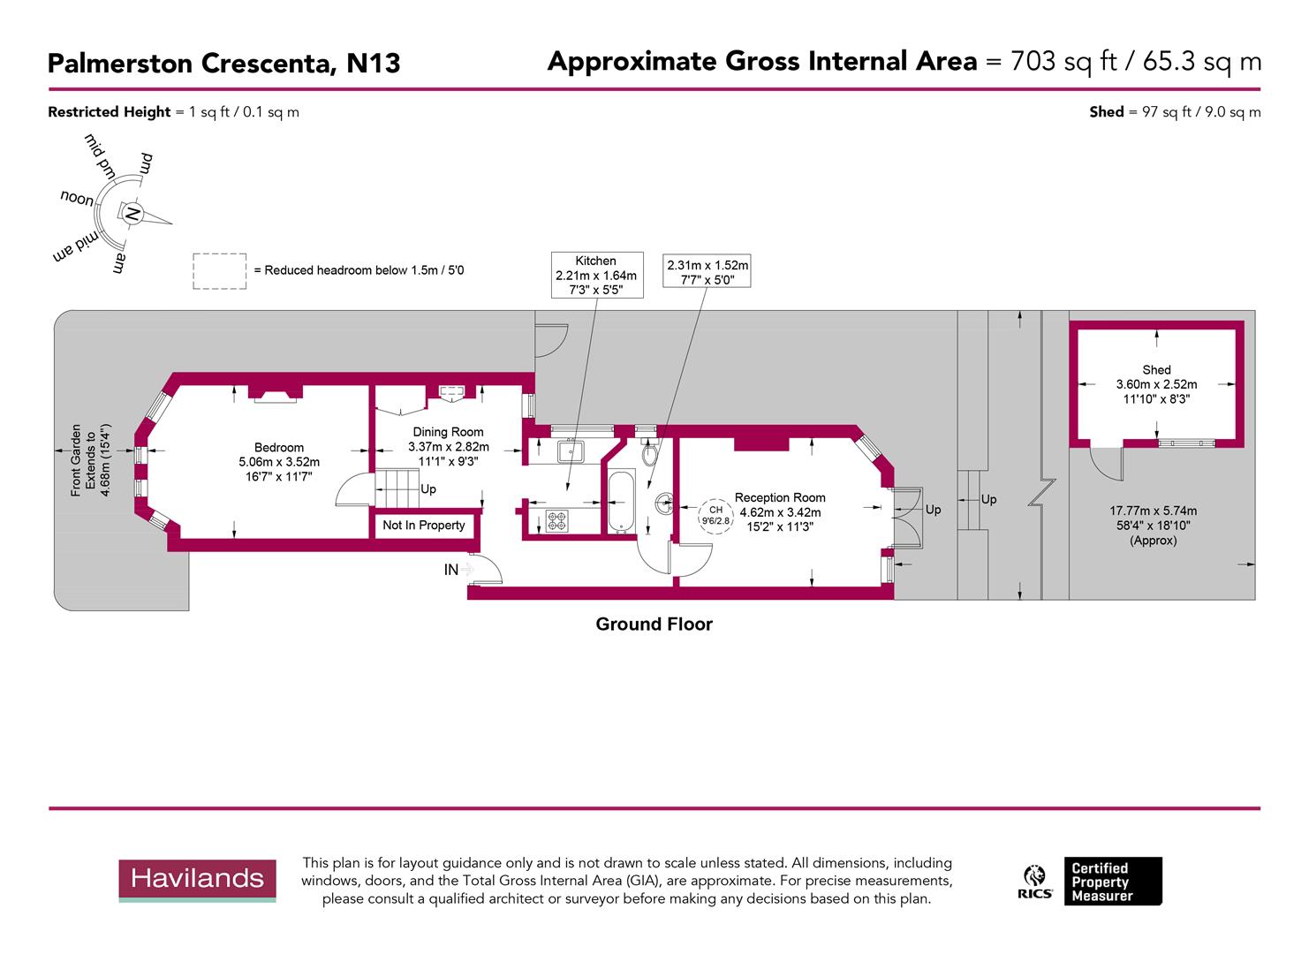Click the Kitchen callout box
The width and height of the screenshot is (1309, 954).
coord(596,275)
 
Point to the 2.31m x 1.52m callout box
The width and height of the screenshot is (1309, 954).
coord(707,272)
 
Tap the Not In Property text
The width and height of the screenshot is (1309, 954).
coord(423,526)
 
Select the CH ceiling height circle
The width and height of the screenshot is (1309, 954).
coord(715,515)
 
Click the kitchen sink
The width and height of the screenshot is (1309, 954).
coord(570,452)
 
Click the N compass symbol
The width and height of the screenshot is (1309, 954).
coord(132,214)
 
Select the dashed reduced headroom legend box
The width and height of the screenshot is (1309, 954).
coord(219,271)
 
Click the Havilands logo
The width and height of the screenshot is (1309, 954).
coord(198,880)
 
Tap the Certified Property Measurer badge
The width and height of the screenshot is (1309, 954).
coord(1112,882)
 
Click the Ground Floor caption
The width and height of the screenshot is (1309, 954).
coord(654,625)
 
